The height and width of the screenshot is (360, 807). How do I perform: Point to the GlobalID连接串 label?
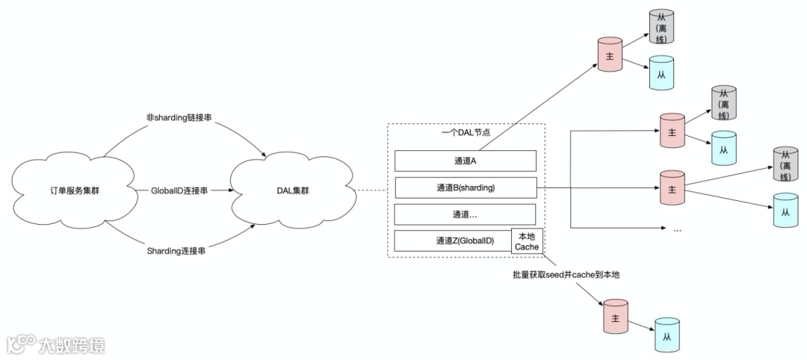click(179, 191)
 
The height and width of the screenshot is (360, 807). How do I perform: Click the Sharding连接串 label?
click(177, 252)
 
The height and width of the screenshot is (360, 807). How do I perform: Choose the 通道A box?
click(465, 161)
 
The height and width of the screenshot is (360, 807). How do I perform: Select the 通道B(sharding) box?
click(465, 187)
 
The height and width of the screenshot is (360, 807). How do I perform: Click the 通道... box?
click(465, 214)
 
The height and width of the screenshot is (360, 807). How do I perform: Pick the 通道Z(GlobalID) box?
click(453, 241)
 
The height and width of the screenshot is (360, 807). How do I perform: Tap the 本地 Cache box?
click(526, 241)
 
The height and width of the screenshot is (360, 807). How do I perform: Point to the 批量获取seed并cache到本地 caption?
click(566, 275)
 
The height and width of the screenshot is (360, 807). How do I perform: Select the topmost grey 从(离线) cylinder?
click(661, 27)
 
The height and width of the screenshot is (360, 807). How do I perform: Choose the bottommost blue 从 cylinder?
click(666, 335)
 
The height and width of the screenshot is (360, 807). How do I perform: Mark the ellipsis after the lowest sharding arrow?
click(677, 230)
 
